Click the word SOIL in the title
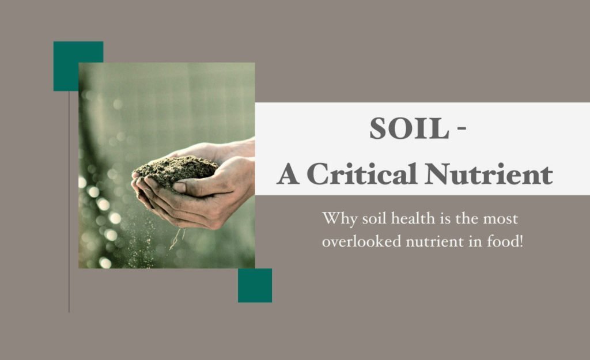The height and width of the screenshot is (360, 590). tap(410, 128)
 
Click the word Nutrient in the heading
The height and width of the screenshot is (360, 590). tap(489, 174)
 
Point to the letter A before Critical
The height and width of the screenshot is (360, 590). tap(288, 175)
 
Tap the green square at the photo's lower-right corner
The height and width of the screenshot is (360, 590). tap(255, 285)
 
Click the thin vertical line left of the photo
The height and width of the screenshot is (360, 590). tap(69, 202)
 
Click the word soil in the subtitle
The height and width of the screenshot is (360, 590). tap(374, 218)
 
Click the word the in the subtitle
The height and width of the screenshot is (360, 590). tap(466, 218)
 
